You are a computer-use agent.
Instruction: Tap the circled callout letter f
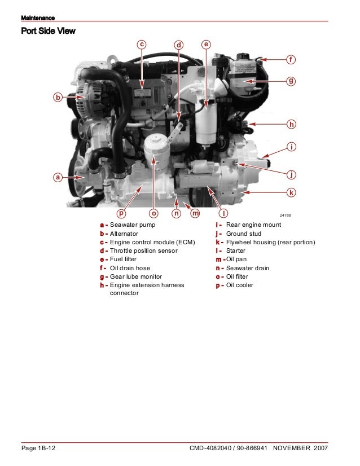click(291, 59)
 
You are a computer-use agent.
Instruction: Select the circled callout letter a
click(57, 177)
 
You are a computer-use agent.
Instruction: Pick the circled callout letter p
click(121, 213)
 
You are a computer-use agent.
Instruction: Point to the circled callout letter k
click(291, 192)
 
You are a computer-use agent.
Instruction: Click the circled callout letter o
click(153, 213)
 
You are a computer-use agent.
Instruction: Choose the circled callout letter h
click(291, 124)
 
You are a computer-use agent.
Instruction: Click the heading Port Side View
click(48, 32)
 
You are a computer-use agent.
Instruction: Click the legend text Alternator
click(124, 234)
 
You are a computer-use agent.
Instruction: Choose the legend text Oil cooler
click(240, 285)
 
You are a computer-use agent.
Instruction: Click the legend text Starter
click(236, 250)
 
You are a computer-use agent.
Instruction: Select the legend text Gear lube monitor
click(135, 276)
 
